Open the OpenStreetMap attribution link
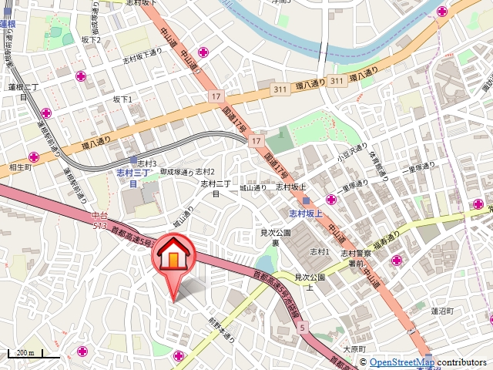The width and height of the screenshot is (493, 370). [401, 362]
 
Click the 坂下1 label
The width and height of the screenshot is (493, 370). [122, 99]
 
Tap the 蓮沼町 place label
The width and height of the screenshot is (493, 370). [444, 311]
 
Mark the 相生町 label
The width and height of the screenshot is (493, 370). [19, 166]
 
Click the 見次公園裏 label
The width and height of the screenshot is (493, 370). [274, 237]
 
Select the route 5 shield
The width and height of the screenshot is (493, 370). [303, 328]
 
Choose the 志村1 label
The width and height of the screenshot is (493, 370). [319, 252]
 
